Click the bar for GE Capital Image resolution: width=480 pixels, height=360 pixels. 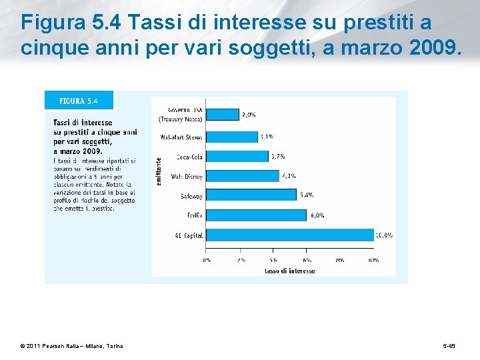tap(289, 235)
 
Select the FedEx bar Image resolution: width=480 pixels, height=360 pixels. tap(256, 215)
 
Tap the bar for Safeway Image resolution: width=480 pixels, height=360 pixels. tap(251, 195)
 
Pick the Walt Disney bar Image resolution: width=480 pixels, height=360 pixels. tap(242, 176)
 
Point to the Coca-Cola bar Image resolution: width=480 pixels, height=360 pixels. tap(237, 157)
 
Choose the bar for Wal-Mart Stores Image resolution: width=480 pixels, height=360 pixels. tap(231, 137)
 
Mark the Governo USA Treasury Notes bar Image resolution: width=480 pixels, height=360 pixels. tap(222, 115)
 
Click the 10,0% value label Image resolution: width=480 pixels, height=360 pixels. tap(384, 235)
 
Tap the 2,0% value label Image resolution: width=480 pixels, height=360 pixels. tap(249, 115)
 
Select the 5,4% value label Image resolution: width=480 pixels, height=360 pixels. tap(307, 195)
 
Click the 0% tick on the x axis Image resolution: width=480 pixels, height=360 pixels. tap(207, 261)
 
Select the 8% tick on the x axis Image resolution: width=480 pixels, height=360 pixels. tap(339, 261)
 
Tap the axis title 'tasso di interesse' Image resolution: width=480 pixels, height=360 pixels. tap(290, 271)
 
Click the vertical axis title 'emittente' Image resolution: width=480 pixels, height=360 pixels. tap(159, 171)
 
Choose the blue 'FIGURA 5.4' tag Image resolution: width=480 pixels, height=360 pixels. tap(79, 101)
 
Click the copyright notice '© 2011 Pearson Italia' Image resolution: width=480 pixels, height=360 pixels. tap(71, 346)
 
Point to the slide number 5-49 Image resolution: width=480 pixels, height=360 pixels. tap(450, 346)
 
